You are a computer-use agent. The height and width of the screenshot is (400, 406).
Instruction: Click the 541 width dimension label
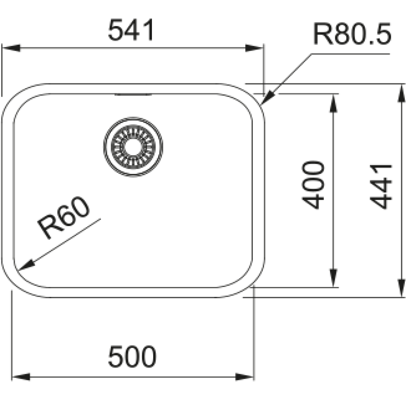coord(131,30)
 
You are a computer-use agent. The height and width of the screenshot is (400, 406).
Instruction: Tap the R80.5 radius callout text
coord(352,34)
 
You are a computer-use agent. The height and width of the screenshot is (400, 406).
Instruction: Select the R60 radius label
coord(64,217)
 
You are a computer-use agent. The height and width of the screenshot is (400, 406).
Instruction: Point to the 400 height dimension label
coord(313,185)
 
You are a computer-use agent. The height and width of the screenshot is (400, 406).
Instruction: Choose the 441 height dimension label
coord(381,186)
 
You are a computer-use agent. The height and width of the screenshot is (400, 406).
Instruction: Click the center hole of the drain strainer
coord(133,147)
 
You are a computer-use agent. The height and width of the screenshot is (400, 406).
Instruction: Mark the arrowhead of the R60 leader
coord(26,265)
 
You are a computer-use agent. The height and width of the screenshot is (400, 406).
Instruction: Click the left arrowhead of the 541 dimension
coord(11,48)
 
